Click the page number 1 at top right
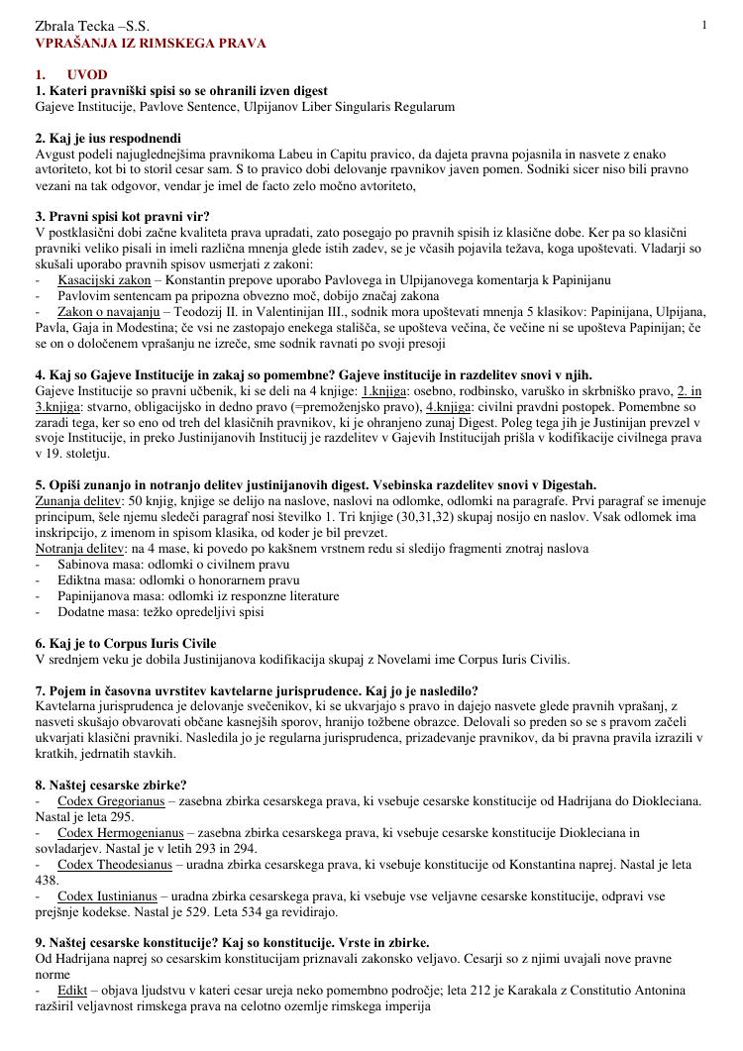(x=704, y=25)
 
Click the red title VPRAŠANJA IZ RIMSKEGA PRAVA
(x=151, y=44)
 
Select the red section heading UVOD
(x=87, y=75)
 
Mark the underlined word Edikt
(x=73, y=991)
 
